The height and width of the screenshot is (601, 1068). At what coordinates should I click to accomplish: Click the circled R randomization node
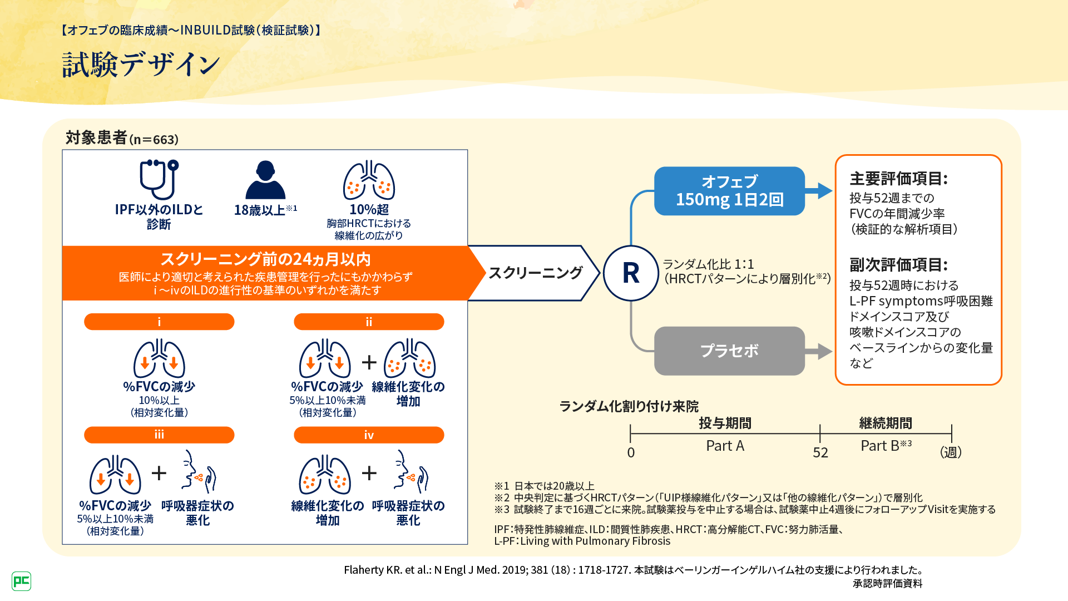(x=631, y=273)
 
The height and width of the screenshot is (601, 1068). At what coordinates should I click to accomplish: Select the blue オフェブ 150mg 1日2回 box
(x=729, y=191)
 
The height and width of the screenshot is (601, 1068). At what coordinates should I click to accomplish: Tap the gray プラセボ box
(x=729, y=351)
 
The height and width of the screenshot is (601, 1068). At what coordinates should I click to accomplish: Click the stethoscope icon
(x=159, y=179)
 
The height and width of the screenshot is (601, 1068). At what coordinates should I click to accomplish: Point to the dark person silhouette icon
(x=265, y=180)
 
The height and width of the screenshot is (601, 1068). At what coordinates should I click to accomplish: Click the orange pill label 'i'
(x=159, y=322)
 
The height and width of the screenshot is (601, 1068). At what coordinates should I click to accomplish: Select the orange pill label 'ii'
(x=369, y=322)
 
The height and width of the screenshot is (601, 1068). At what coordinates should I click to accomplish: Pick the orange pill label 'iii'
(x=159, y=435)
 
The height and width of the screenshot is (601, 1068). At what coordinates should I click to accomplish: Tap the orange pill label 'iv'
(x=369, y=435)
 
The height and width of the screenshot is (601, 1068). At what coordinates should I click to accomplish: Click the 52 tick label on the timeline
(x=820, y=452)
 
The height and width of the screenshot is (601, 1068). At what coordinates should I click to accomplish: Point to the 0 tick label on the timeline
(x=631, y=452)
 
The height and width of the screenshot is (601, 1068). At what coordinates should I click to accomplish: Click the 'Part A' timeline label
(x=725, y=446)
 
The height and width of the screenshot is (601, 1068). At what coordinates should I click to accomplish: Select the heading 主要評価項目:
(x=898, y=179)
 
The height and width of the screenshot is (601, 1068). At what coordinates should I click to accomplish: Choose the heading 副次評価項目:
(x=898, y=265)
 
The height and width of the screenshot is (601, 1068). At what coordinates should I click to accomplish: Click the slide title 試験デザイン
(x=141, y=65)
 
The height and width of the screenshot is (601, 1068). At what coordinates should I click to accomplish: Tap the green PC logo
(x=21, y=581)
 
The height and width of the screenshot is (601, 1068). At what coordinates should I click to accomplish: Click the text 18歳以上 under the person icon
(x=260, y=210)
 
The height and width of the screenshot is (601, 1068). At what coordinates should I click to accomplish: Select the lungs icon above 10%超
(x=369, y=180)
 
